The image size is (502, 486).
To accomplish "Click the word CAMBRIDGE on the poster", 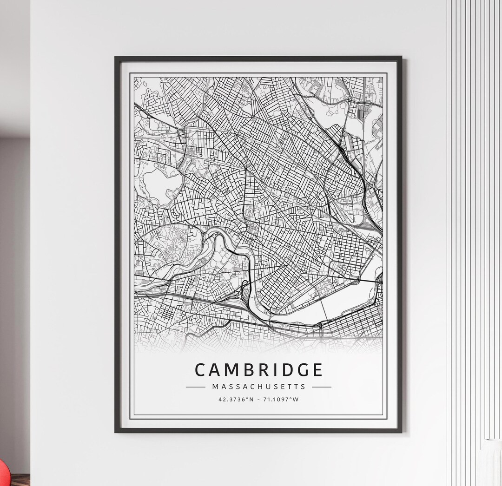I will (x=258, y=370).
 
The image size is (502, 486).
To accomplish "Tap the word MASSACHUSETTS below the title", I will (x=258, y=387).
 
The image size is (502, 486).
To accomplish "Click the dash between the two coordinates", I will (x=259, y=399).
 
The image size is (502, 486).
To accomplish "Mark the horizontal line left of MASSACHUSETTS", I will (x=195, y=387).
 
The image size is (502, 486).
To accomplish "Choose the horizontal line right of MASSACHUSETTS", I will (x=322, y=387).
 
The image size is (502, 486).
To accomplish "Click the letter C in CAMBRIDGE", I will (x=200, y=370).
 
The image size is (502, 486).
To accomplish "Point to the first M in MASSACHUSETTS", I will (x=215, y=387).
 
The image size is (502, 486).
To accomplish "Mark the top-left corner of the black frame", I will (x=116, y=58).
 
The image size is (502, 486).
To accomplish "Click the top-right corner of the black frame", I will (x=401, y=58).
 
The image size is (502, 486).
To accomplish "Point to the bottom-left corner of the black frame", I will (x=116, y=432).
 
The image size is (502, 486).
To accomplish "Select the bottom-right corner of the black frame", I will (x=401, y=432).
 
